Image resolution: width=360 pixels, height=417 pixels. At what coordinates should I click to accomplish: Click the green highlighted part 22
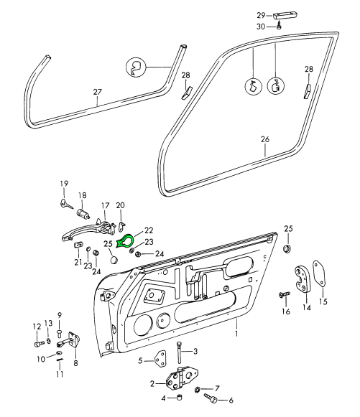coord(126,238)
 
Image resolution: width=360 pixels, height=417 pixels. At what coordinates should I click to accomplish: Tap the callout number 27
coord(98,92)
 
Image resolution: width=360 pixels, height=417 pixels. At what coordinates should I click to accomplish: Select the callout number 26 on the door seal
coord(265,139)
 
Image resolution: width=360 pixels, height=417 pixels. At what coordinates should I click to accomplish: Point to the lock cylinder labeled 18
coord(83,213)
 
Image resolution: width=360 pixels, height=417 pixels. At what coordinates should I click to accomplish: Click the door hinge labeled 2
coord(182,378)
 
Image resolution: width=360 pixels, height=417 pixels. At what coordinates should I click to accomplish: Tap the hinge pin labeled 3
coord(179,352)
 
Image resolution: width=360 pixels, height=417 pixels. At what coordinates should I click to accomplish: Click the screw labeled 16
coord(284,294)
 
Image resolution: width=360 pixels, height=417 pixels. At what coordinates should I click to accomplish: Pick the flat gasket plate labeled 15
coord(319,273)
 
